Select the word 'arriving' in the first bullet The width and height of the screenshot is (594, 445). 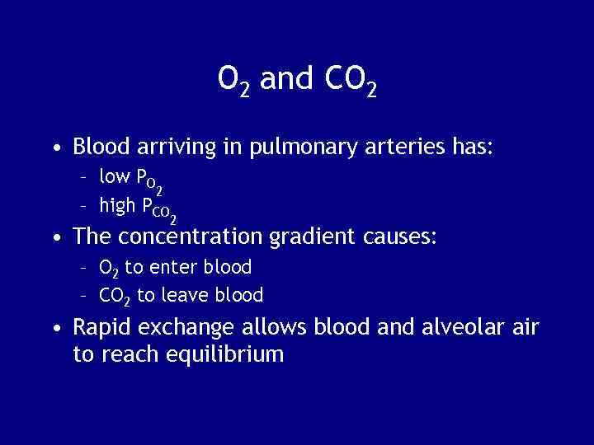point(162,148)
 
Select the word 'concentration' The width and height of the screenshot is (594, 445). point(192,238)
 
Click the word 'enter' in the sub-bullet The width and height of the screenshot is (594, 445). point(170,267)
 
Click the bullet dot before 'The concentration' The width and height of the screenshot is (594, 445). point(54,239)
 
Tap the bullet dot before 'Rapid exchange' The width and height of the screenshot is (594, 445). point(54,329)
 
